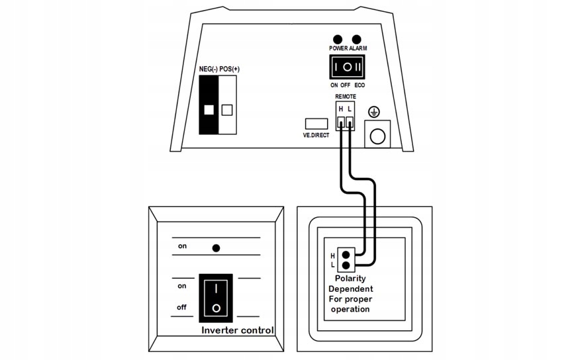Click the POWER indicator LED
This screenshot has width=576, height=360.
pyautogui.click(x=338, y=40)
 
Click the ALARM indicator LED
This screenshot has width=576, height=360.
pyautogui.click(x=358, y=40)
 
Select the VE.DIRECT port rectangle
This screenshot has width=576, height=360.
pyautogui.click(x=315, y=123)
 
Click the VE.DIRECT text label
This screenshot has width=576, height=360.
pyautogui.click(x=316, y=134)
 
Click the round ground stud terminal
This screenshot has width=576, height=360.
pyautogui.click(x=377, y=136)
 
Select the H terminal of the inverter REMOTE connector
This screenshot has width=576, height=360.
pyautogui.click(x=340, y=121)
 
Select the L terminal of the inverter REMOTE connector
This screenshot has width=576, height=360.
pyautogui.click(x=350, y=121)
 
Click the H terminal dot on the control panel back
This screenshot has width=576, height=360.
pyautogui.click(x=346, y=253)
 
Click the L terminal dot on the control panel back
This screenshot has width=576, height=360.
pyautogui.click(x=346, y=265)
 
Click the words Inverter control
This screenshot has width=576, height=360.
pyautogui.click(x=236, y=330)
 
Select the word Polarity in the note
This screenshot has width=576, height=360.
pyautogui.click(x=350, y=279)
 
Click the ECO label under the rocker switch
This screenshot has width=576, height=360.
pyautogui.click(x=360, y=85)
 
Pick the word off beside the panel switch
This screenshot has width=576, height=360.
pyautogui.click(x=181, y=307)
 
